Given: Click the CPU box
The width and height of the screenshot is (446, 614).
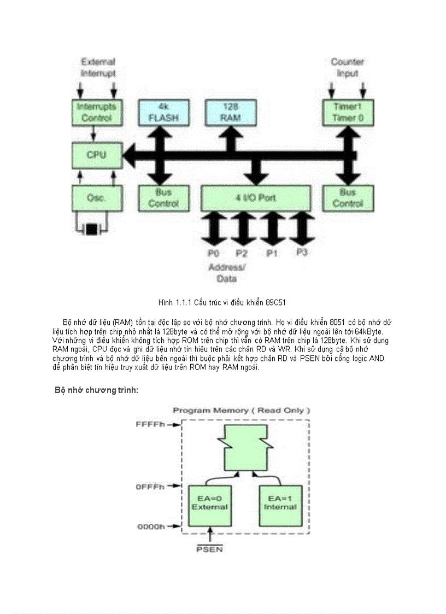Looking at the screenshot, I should [96, 155].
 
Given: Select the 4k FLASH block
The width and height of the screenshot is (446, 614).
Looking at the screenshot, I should [163, 112].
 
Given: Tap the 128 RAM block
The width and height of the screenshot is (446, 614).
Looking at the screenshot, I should [231, 112].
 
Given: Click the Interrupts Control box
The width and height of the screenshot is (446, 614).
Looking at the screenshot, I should [97, 112].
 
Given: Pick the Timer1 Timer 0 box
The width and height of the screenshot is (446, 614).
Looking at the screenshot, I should [348, 112].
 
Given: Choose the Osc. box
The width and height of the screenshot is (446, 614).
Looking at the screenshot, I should [96, 198].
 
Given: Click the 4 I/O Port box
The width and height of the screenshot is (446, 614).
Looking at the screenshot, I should [256, 198].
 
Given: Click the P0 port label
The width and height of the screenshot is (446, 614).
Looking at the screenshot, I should [214, 253].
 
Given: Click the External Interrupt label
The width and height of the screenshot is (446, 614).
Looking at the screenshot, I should [98, 68].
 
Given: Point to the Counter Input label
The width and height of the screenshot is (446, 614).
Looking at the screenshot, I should [347, 68].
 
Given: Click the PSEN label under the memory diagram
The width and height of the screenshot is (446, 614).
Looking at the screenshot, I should [209, 548].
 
